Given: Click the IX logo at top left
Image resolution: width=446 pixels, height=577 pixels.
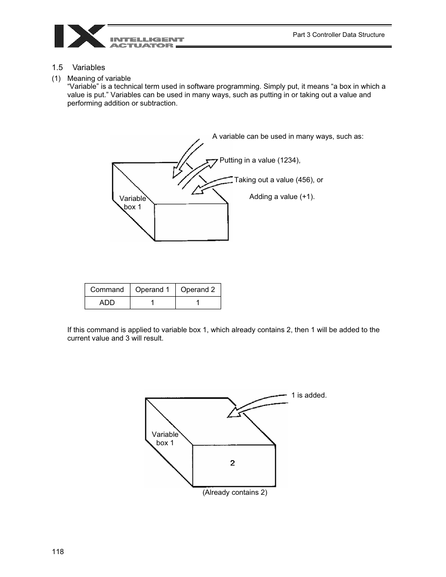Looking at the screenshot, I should coord(79,36).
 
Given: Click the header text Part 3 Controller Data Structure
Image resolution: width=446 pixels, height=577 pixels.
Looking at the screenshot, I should coord(338,35).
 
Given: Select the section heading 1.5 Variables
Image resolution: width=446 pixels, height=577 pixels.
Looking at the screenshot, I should coord(79,67).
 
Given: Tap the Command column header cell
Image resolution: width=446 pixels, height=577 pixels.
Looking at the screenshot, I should coord(107,290).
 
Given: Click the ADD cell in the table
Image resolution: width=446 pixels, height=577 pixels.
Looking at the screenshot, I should coord(107,303).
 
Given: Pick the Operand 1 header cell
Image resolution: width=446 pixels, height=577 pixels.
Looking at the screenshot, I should coord(152,290).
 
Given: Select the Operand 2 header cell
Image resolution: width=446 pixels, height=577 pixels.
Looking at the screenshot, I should coord(198,290).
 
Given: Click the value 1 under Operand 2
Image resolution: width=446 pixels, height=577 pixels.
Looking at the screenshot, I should coord(198,303).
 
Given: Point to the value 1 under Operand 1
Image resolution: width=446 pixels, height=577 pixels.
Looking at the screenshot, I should coord(152,303).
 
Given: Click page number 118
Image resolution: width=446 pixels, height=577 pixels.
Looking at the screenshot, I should coord(58,552).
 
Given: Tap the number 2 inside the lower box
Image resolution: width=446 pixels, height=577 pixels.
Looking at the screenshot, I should coord(232,463).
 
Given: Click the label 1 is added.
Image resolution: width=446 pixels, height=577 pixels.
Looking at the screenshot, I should coord(309,395).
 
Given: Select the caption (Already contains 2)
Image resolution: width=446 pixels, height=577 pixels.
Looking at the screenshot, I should coord(235,492).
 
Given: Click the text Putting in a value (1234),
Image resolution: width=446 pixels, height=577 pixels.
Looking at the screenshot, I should coord(260,160).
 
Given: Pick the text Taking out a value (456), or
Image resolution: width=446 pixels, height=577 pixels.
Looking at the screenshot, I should coord(279,180).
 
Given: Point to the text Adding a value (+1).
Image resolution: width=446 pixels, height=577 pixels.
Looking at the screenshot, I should coord(282,197).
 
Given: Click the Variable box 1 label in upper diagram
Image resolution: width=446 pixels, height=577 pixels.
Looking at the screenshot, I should coord(132,203).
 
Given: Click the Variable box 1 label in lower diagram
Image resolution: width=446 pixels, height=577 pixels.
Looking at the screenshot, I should coord(165,439).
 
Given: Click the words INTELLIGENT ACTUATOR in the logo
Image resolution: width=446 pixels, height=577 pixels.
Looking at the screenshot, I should coord(147,43).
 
